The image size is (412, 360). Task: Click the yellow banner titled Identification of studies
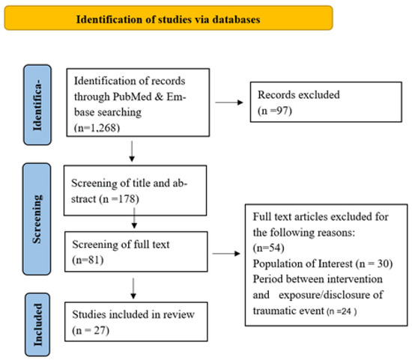[169, 18]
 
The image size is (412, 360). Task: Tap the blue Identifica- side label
[37, 105]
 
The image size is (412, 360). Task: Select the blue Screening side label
[37, 219]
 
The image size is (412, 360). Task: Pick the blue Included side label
[37, 324]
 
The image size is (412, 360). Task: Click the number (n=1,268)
[97, 128]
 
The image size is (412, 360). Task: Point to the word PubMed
[132, 97]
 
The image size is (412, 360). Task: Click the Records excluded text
[298, 94]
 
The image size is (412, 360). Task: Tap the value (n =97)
[275, 111]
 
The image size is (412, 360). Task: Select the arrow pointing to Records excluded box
[229, 103]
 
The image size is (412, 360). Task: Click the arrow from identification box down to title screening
[132, 151]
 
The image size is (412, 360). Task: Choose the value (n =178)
[119, 199]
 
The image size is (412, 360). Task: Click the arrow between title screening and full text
[134, 218]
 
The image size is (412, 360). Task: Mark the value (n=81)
[88, 260]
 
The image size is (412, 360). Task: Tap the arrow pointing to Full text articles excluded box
[226, 254]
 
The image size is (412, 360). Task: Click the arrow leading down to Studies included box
[133, 288]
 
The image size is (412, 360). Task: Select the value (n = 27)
[91, 330]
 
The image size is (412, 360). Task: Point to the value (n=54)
[268, 248]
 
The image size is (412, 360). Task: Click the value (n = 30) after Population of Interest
[375, 263]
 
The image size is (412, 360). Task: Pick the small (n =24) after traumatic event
[342, 311]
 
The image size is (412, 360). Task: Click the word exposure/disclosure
[331, 295]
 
